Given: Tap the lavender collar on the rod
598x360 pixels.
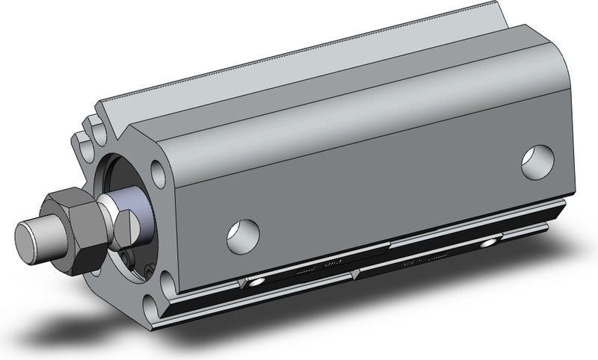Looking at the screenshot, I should (145, 214).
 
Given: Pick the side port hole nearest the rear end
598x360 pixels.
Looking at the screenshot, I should (537, 162).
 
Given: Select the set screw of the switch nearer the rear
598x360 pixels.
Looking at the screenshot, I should (489, 243).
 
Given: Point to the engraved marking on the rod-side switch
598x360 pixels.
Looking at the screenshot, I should (326, 265).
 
